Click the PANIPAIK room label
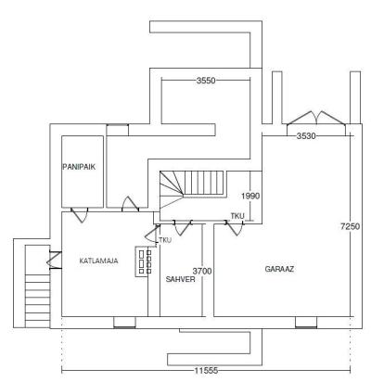pos(79,167)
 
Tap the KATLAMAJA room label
pos(98,261)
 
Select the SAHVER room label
pos(180,279)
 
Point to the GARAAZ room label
pos(279,269)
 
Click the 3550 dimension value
pos(206,81)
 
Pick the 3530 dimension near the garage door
pos(306,135)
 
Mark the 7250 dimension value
pos(350,226)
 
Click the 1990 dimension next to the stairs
pos(250,196)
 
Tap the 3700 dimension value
pos(202,272)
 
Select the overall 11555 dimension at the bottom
pos(206,370)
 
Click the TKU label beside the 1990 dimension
pos(237,216)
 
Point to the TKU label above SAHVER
pos(165,240)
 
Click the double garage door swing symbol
pos(316,119)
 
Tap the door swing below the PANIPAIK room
pos(80,215)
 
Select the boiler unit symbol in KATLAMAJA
pos(143,261)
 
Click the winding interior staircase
pos(192,189)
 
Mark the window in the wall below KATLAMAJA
pos(124,323)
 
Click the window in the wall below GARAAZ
pos(306,323)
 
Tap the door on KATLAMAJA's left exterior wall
pos(55,261)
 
